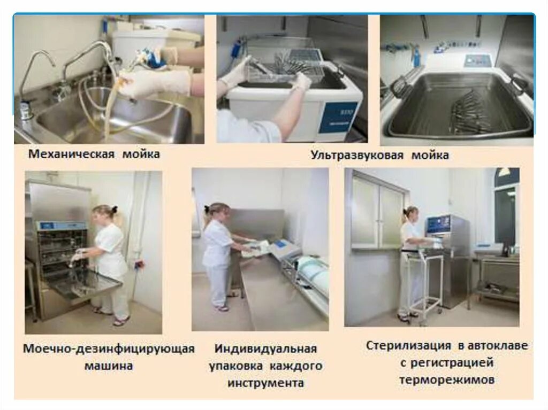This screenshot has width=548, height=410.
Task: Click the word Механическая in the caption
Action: pos(72,154)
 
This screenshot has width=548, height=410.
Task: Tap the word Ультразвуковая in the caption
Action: pos(355,156)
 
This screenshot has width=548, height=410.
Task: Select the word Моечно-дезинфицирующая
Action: pos(109,349)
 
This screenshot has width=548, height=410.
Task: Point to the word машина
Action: pos(109,367)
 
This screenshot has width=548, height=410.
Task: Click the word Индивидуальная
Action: pos(266,349)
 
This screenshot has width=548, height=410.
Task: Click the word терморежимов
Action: pos(446,380)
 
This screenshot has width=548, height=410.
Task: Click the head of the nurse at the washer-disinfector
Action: pos(104,212)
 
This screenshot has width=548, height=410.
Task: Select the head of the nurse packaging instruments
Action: pos(216,210)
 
